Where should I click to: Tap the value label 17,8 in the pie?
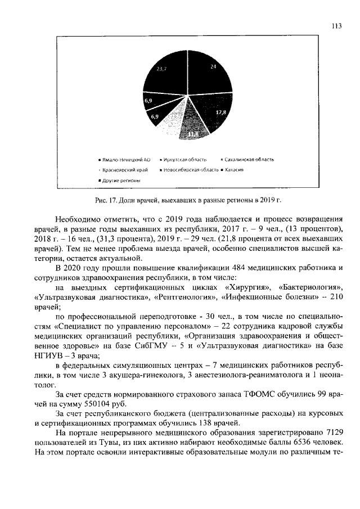(220, 113)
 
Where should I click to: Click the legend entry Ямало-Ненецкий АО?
(125, 159)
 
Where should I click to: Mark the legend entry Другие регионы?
(120, 180)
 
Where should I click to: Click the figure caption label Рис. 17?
(103, 200)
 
